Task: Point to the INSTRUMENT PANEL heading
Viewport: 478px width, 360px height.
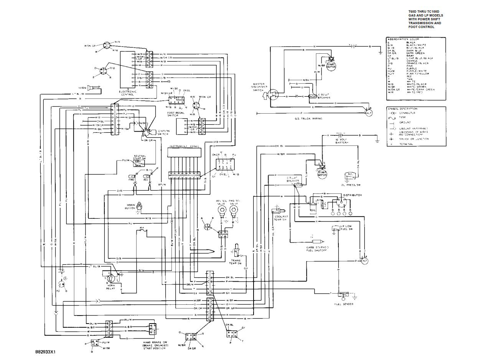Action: (x=184, y=147)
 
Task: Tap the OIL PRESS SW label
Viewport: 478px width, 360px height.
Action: (x=353, y=185)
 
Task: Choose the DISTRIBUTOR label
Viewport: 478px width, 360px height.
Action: (x=352, y=195)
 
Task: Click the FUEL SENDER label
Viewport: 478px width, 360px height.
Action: (x=344, y=304)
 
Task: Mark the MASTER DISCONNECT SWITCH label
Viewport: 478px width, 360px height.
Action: (x=262, y=88)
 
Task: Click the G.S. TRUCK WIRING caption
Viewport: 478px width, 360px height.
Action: (x=306, y=119)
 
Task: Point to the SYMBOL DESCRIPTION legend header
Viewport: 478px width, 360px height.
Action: (x=402, y=109)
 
